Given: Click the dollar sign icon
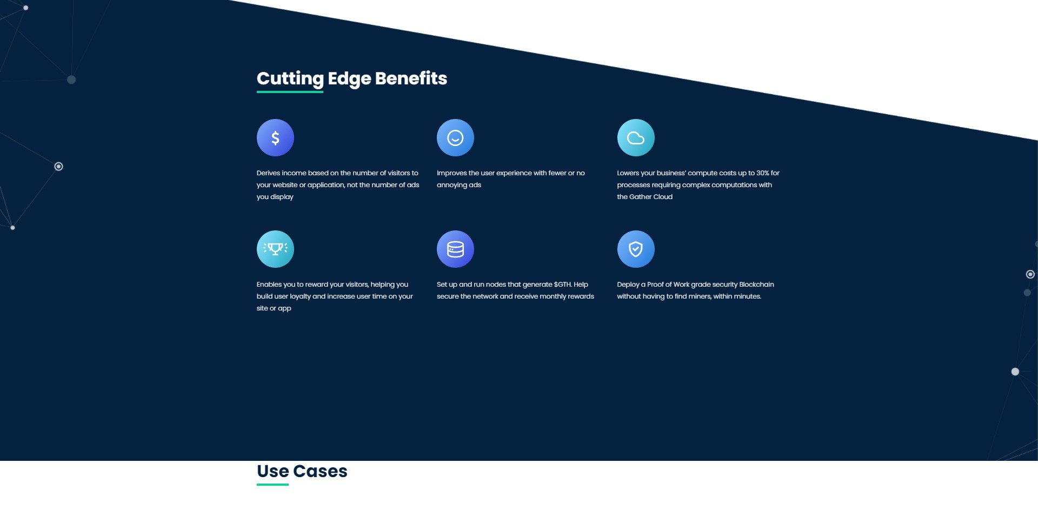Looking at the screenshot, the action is tap(275, 138).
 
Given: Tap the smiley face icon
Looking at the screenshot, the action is tap(455, 138).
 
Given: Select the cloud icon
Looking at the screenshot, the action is tap(636, 138).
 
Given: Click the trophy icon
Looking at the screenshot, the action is tap(275, 249).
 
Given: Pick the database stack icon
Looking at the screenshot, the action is tap(455, 249).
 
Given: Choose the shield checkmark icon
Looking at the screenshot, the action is tap(636, 249).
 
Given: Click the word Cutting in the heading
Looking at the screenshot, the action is tap(290, 79).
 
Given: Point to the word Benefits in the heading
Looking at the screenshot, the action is tap(411, 78).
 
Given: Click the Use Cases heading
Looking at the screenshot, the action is tap(302, 471).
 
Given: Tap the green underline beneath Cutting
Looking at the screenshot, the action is tap(290, 92).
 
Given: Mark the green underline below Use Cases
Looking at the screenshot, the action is tap(272, 485).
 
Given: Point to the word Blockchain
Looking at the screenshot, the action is tap(756, 285).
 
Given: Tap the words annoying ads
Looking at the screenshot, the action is tap(459, 185).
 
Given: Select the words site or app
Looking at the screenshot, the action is tap(274, 308).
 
